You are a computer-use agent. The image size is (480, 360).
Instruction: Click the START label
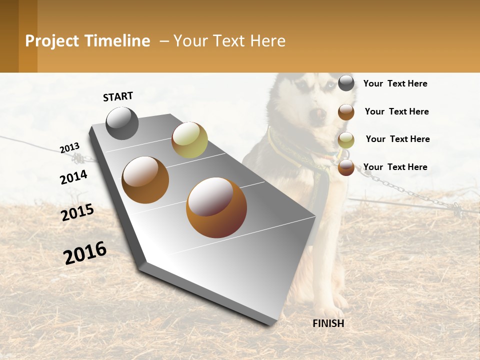click(x=118, y=96)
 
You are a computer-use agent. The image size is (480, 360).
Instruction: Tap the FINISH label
click(x=328, y=323)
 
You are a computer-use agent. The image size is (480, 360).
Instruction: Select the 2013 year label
click(x=69, y=147)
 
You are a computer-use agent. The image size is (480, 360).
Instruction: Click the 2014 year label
click(x=73, y=177)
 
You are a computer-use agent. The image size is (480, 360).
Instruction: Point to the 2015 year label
click(x=77, y=212)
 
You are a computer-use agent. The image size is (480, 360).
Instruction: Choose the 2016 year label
click(x=85, y=253)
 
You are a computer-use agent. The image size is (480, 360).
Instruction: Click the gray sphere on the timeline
click(x=122, y=123)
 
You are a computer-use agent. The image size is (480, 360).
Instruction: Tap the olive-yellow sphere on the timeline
click(x=189, y=140)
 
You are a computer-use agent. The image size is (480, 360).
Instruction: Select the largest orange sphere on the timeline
click(x=216, y=207)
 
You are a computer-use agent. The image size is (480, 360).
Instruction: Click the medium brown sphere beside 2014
click(x=145, y=180)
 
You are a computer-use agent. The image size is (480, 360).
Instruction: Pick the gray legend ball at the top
click(x=346, y=83)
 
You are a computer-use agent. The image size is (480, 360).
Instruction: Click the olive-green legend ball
click(x=346, y=140)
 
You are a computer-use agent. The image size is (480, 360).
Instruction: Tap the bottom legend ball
click(x=346, y=168)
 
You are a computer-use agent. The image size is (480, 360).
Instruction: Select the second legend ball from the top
click(x=346, y=112)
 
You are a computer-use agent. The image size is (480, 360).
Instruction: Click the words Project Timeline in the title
click(x=87, y=41)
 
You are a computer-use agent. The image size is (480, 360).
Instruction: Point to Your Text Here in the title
click(x=229, y=41)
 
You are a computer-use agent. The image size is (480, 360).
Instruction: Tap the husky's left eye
click(x=301, y=85)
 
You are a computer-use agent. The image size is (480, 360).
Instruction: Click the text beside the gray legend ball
click(x=395, y=83)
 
